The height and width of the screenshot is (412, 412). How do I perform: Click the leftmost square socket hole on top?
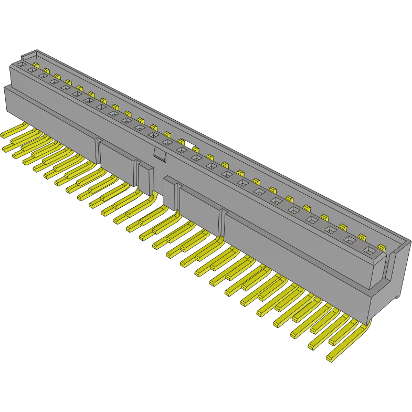[x=22, y=64]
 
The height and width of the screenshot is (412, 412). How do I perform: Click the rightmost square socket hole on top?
[x=371, y=251]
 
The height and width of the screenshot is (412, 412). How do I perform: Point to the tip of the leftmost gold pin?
[x=6, y=149]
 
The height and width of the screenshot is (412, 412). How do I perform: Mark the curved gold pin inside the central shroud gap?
[x=153, y=197]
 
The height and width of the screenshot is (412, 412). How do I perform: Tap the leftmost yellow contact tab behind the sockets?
[x=35, y=66]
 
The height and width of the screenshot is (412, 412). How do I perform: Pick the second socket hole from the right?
[x=350, y=240]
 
